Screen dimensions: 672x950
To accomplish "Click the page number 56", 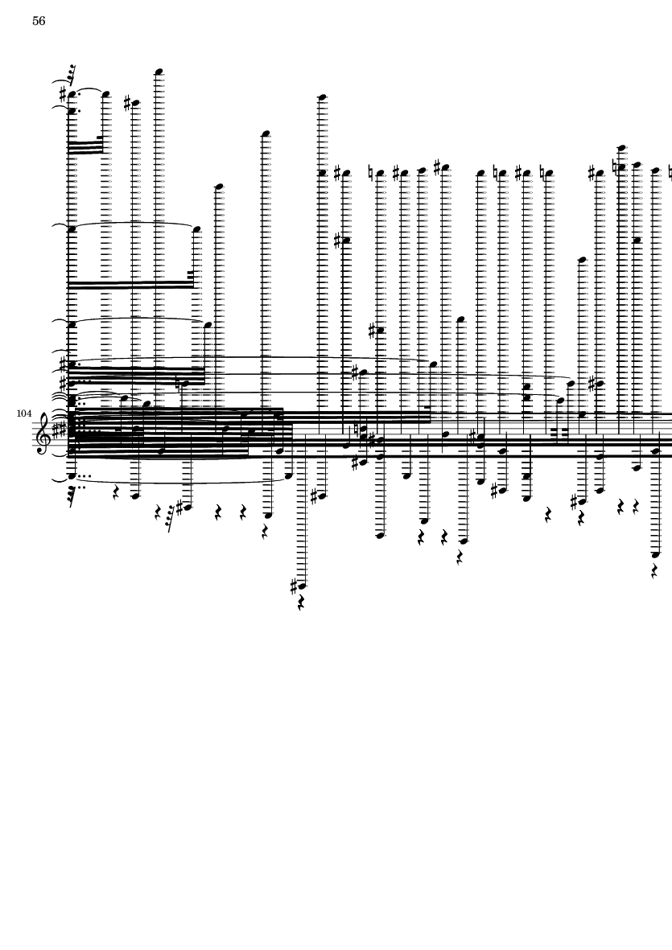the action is [x=39, y=21].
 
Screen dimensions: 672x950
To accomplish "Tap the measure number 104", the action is [x=24, y=413].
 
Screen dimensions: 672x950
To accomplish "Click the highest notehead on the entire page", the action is [x=159, y=72].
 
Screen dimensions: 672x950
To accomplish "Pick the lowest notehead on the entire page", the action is [x=302, y=586].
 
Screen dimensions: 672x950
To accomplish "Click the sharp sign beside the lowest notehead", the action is [x=295, y=586].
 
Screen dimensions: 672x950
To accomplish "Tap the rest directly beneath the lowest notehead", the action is [x=301, y=602].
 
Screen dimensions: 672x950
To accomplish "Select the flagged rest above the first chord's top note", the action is [x=72, y=75].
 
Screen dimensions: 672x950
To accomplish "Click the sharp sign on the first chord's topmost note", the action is [x=64, y=94].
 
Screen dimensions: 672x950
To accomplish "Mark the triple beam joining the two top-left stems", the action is [x=85, y=146].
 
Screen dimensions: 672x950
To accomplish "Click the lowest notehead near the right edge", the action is [x=655, y=554].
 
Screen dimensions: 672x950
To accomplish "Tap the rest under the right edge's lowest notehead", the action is [x=654, y=571].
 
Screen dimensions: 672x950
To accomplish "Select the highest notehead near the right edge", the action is [x=622, y=148].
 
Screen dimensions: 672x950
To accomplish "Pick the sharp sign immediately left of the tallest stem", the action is [x=128, y=103].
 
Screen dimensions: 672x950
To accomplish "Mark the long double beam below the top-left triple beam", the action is [x=130, y=284].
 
